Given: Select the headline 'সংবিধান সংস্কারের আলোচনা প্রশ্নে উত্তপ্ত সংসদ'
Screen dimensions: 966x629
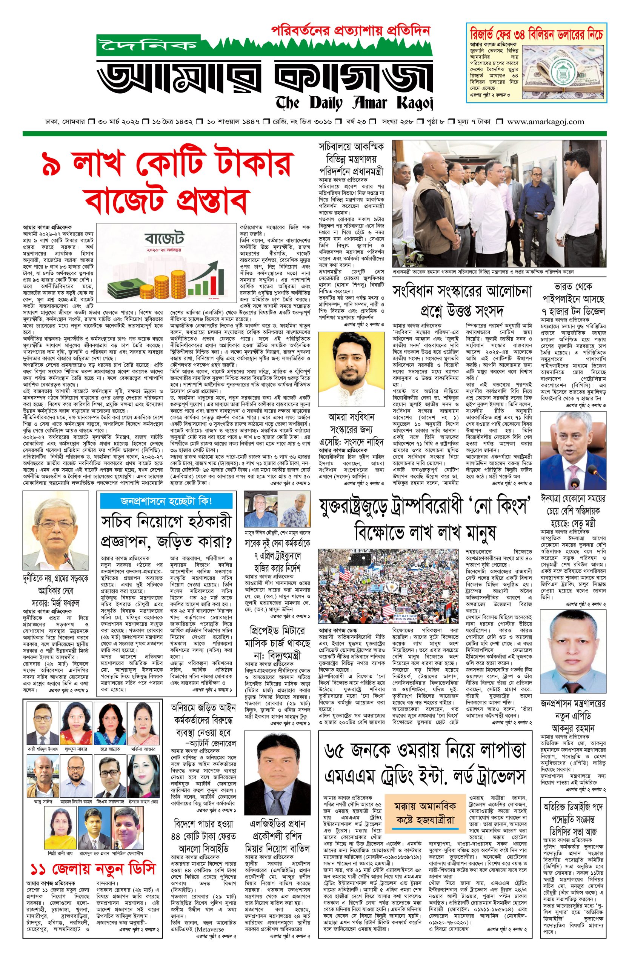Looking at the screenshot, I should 462,301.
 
